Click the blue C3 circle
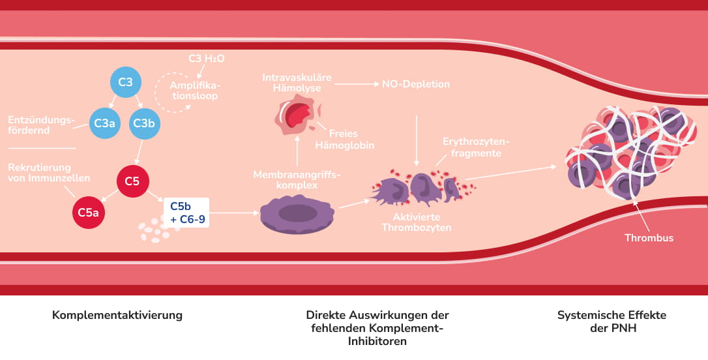125,82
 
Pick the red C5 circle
133,181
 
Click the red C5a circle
89,212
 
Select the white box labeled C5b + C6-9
187,213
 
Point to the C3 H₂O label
206,59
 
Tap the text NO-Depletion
416,84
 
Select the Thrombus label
649,238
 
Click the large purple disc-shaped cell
293,213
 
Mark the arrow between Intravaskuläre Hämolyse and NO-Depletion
355,84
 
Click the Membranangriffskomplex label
297,179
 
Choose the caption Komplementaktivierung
117,316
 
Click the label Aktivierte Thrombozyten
416,222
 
